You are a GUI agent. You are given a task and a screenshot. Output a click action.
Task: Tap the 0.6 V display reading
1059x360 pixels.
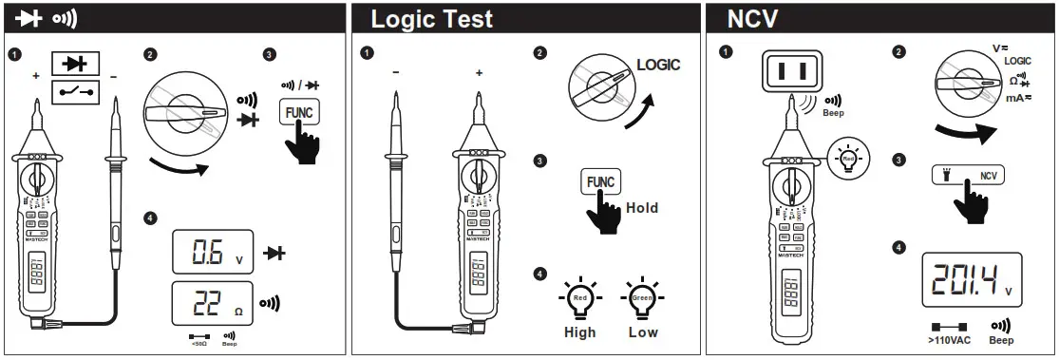click(211, 252)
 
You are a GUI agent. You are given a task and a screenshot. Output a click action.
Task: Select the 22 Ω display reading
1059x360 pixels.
click(211, 304)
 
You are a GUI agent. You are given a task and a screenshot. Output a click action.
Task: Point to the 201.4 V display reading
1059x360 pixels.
click(971, 278)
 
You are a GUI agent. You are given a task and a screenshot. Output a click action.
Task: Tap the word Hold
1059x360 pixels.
click(642, 207)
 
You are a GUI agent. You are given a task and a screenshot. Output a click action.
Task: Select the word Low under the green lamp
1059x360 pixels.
click(643, 332)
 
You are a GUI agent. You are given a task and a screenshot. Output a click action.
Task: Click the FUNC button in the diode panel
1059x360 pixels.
click(299, 112)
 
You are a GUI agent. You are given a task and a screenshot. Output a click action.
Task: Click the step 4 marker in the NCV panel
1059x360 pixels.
click(898, 249)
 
